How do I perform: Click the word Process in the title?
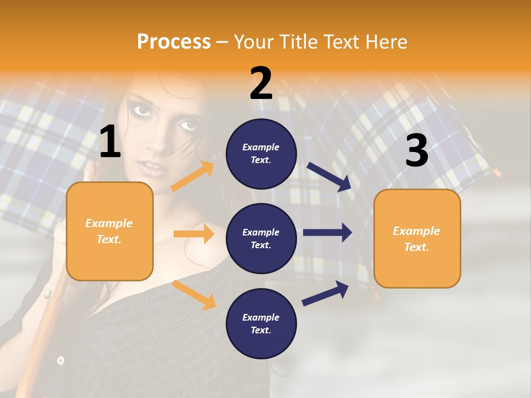point(174,41)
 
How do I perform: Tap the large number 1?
point(111,142)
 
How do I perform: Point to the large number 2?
point(261,83)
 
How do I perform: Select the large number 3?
point(417,151)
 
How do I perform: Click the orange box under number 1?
point(110,231)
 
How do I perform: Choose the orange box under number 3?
point(417,239)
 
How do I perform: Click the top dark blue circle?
point(261,153)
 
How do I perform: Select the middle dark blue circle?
point(261,238)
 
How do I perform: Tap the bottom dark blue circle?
point(261,323)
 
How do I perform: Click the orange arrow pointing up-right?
point(192,176)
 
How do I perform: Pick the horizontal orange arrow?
point(194,234)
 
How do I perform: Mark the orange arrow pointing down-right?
point(194,295)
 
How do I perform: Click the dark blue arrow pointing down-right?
point(329,176)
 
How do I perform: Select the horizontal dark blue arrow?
point(327,232)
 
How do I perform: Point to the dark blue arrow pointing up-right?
point(325,293)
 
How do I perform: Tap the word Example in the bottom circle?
point(261,317)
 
